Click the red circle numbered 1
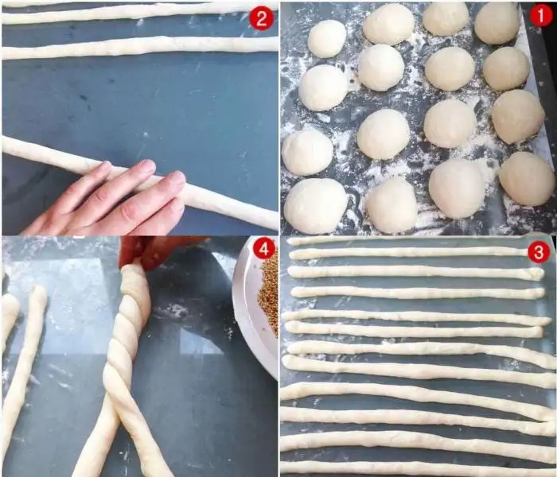(541, 16)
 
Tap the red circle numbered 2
(262, 17)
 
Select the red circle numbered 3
(539, 252)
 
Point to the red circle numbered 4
(263, 249)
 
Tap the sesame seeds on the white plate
(269, 296)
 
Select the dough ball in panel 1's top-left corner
(326, 39)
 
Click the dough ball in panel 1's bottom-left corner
(315, 206)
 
